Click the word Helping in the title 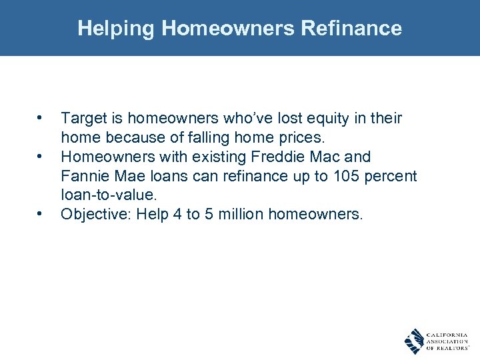[117, 28]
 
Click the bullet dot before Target [41, 119]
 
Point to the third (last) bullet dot [41, 215]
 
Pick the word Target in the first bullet [82, 119]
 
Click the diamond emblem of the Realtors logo [415, 341]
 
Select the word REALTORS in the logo [449, 348]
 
